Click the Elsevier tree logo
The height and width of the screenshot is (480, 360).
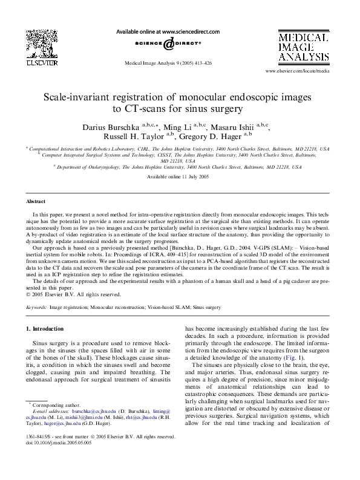coord(39,46)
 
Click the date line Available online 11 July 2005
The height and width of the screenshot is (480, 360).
coord(178,176)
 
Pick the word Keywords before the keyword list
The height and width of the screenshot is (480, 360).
coord(37,307)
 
